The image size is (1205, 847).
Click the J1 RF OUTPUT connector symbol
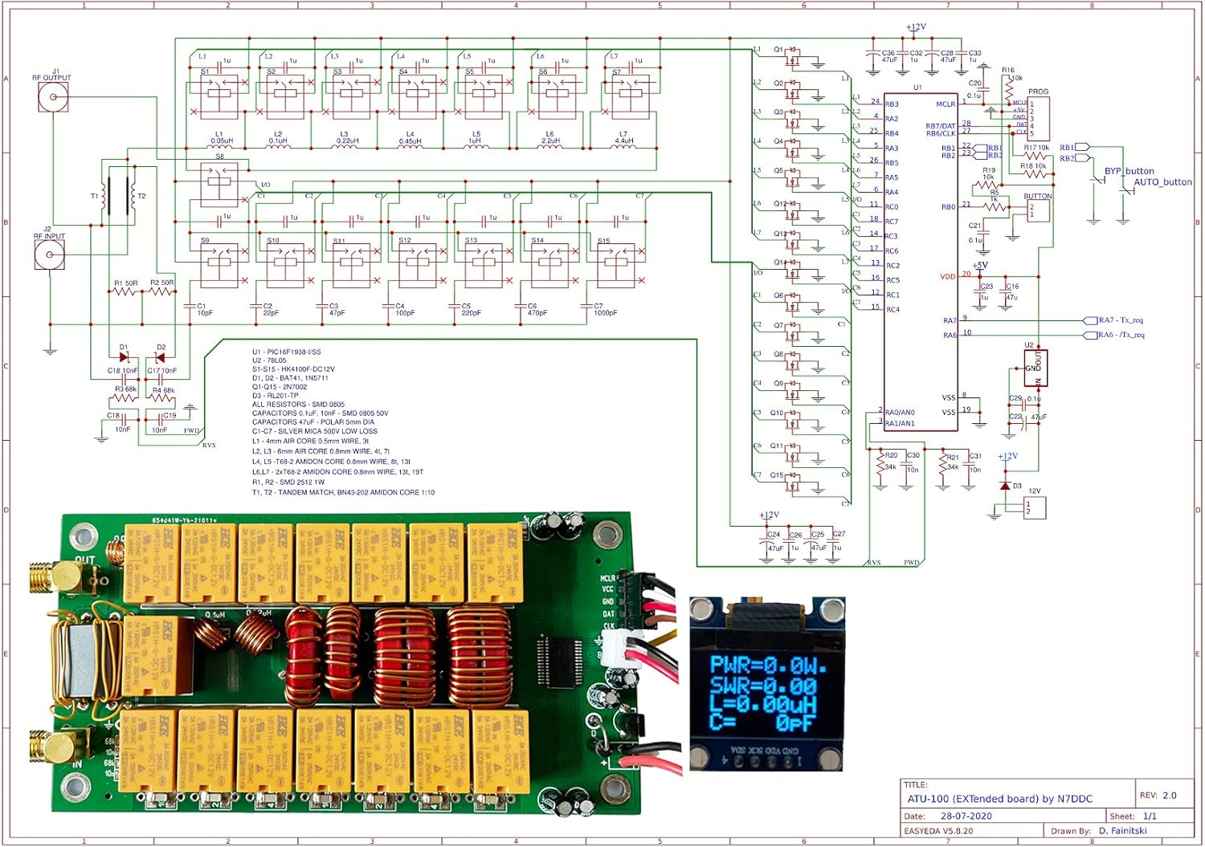point(53,98)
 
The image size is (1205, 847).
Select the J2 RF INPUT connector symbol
point(50,255)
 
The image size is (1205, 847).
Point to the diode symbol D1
point(124,357)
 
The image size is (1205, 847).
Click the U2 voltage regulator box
point(1036,369)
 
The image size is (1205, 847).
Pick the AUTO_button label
point(1162,182)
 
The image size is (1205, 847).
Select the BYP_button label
point(1129,171)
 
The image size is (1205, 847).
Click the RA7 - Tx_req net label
point(1121,320)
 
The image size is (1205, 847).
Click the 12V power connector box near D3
point(1035,507)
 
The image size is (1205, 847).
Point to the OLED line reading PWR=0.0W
point(767,666)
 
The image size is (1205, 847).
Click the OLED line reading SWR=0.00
point(763,686)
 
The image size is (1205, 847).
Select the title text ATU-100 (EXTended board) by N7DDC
point(999,799)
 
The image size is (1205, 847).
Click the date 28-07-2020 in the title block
point(966,816)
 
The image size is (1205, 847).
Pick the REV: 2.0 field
point(1158,796)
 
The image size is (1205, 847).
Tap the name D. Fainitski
point(1122,831)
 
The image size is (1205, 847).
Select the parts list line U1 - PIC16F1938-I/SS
point(286,352)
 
